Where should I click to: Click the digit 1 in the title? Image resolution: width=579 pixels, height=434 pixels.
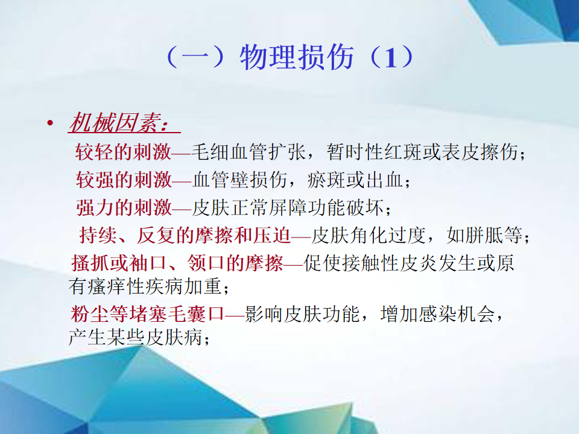click(391, 58)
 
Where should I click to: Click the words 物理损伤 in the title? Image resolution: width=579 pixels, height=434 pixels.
click(297, 57)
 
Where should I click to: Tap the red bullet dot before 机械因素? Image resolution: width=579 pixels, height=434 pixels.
click(50, 123)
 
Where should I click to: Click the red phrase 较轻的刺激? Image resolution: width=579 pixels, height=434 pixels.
click(123, 152)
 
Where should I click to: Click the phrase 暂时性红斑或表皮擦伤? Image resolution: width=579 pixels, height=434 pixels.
click(422, 152)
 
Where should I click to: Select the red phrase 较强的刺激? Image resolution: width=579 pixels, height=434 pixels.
click(124, 180)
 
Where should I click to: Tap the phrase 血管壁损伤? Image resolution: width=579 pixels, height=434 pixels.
click(240, 180)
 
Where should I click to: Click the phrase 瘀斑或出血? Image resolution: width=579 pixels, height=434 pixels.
click(355, 180)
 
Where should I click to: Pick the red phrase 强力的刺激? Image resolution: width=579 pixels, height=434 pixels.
click(124, 207)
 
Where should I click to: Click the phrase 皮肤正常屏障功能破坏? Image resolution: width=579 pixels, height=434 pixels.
click(288, 207)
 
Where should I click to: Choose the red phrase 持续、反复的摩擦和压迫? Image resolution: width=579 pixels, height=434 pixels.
click(185, 235)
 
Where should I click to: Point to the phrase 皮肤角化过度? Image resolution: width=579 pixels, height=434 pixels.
click(369, 235)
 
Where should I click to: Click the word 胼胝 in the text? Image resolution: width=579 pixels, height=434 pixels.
click(484, 235)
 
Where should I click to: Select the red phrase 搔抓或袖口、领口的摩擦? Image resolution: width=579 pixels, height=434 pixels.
click(177, 263)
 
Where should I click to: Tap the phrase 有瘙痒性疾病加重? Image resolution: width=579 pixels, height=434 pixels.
click(145, 286)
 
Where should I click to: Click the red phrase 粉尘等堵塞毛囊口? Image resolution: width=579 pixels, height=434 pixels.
click(148, 314)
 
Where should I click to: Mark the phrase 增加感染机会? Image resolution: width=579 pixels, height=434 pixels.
click(438, 314)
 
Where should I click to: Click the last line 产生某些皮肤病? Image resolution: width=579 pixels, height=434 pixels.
click(135, 337)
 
